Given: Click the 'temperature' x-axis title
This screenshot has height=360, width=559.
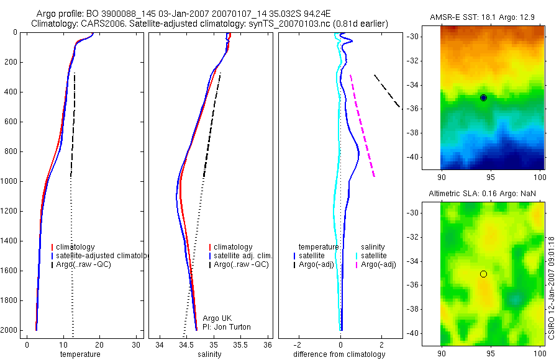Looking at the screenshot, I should pyautogui.click(x=80, y=354).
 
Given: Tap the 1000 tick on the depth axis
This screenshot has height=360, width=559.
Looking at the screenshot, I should pyautogui.click(x=11, y=181).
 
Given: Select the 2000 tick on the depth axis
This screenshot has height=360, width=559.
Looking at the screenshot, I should pyautogui.click(x=11, y=331).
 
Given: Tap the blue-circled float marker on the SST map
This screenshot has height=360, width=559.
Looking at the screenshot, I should pyautogui.click(x=483, y=97).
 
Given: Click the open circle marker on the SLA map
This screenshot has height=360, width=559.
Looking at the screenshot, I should pyautogui.click(x=483, y=274).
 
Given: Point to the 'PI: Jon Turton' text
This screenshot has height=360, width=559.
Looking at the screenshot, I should pyautogui.click(x=227, y=327).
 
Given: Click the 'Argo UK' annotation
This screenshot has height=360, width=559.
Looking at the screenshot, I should pyautogui.click(x=217, y=318).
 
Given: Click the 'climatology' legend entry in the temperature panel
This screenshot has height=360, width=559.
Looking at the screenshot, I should pyautogui.click(x=75, y=247).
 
